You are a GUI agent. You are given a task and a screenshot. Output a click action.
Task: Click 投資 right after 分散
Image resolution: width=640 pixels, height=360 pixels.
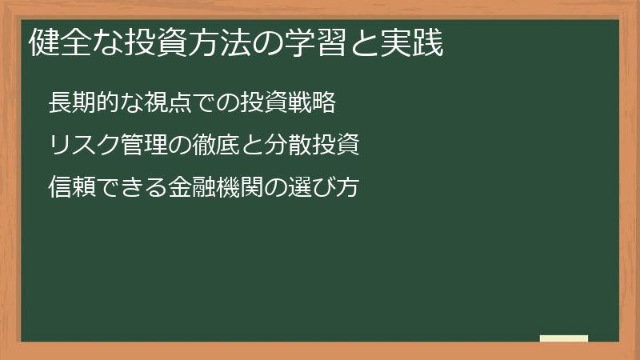334,146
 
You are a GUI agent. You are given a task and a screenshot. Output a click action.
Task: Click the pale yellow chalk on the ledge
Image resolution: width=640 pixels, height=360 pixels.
563,338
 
